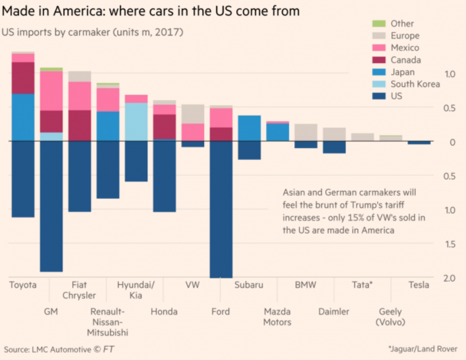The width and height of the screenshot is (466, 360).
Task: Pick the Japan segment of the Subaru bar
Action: click(249, 128)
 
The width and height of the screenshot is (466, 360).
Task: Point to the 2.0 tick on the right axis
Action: click(449, 279)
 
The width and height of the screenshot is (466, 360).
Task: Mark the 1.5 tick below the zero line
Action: click(449, 245)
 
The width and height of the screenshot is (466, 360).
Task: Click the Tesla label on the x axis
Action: click(418, 286)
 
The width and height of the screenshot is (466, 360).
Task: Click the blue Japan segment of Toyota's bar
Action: click(23, 117)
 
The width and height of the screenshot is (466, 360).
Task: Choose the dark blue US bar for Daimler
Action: click(334, 147)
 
